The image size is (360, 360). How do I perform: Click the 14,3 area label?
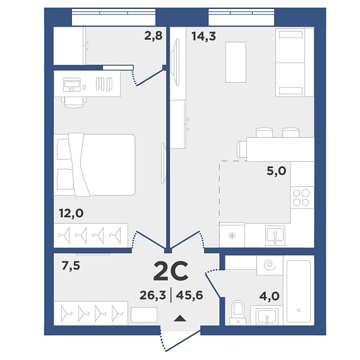203,36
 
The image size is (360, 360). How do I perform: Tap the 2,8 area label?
153,36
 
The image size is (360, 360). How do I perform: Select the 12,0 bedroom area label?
71,213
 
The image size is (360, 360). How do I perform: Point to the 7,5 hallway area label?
71,266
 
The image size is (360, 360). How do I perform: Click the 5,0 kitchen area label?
277,171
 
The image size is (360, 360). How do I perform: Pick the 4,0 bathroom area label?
269,296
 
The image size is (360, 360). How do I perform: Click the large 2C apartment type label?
171,271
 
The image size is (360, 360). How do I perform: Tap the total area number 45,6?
189,295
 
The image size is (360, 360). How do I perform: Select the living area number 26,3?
153,295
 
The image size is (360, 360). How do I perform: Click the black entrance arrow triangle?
180,318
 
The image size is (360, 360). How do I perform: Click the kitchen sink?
275,236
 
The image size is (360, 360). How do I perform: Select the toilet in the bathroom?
237,313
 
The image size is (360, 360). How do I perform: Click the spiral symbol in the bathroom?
270,265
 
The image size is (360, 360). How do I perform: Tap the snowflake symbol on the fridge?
232,236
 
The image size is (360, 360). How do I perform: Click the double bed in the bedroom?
94,165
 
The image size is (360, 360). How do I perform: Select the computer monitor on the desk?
72,85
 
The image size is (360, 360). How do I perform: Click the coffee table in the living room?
236,62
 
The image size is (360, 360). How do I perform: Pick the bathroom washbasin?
267,316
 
